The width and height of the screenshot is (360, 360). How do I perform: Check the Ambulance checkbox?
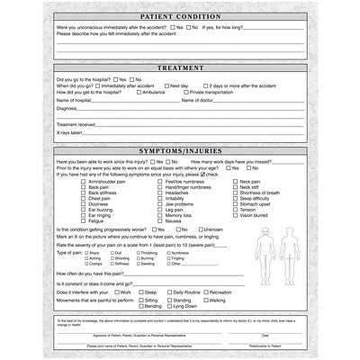(x=137, y=93)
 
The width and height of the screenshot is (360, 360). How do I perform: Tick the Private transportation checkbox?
(x=184, y=93)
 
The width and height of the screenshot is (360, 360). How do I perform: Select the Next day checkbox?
(x=166, y=85)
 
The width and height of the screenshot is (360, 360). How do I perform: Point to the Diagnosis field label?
(x=68, y=108)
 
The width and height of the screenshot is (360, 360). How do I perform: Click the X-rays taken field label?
(x=69, y=131)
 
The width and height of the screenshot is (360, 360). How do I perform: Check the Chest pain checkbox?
(x=82, y=197)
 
